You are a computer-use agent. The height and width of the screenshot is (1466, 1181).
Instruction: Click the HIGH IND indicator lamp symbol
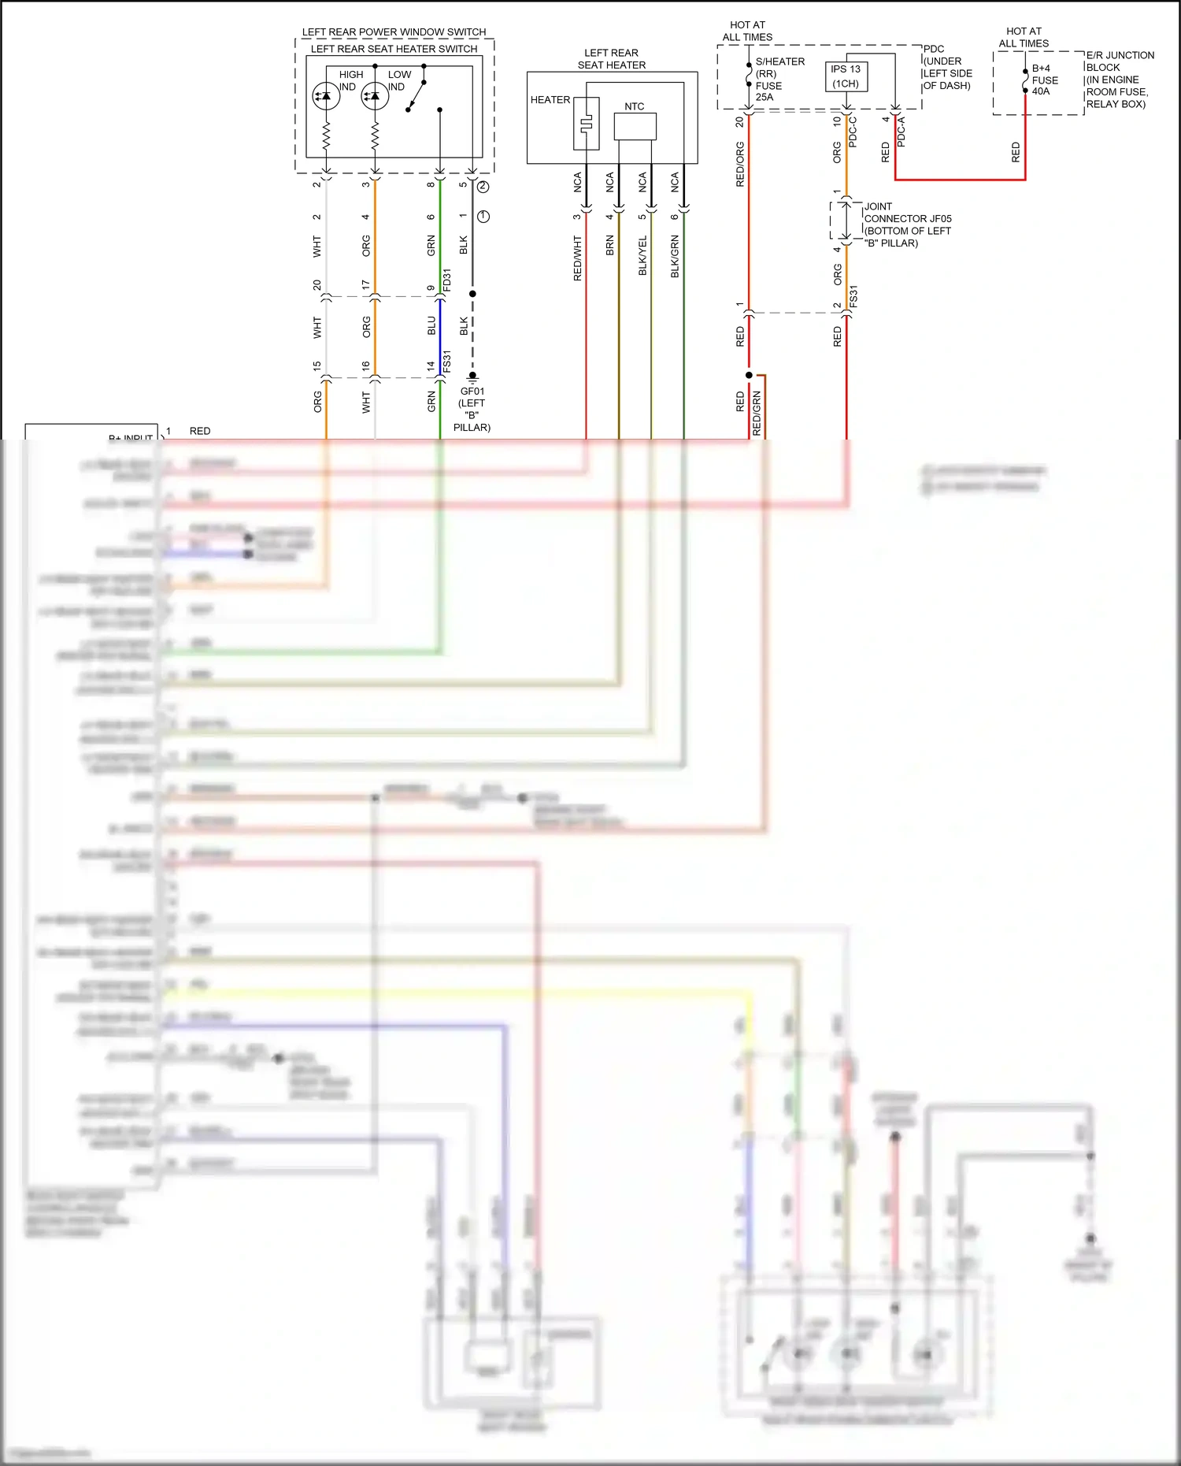[326, 96]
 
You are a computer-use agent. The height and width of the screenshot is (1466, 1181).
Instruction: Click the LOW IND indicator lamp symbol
[375, 96]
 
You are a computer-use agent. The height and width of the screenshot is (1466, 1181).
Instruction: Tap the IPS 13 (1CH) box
[846, 76]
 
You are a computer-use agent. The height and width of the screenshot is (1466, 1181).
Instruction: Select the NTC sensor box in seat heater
[635, 126]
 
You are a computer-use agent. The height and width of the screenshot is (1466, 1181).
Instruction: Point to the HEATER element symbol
[586, 124]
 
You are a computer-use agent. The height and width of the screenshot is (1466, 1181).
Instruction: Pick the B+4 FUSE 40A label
[1045, 80]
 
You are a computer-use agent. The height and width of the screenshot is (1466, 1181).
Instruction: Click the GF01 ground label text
[472, 391]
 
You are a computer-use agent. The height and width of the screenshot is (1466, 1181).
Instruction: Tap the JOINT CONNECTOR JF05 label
[907, 225]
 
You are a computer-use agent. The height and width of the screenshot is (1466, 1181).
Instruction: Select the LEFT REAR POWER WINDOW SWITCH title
[394, 32]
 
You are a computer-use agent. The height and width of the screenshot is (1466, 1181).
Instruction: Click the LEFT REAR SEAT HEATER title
[612, 59]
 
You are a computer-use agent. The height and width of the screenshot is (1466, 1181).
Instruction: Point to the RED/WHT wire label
[578, 258]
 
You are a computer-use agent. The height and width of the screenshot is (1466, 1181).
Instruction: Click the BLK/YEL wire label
[642, 255]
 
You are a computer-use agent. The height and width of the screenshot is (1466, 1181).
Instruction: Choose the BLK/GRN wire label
[675, 256]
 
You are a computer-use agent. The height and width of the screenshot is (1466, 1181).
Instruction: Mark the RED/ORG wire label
[740, 164]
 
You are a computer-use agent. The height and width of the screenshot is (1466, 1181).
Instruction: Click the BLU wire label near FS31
[431, 325]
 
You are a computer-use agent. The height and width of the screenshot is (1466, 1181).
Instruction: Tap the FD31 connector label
[447, 280]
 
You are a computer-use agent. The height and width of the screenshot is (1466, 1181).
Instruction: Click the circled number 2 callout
[483, 187]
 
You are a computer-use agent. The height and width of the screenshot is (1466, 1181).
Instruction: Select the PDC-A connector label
[901, 132]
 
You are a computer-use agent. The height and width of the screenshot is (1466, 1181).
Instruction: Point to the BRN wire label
[610, 245]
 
